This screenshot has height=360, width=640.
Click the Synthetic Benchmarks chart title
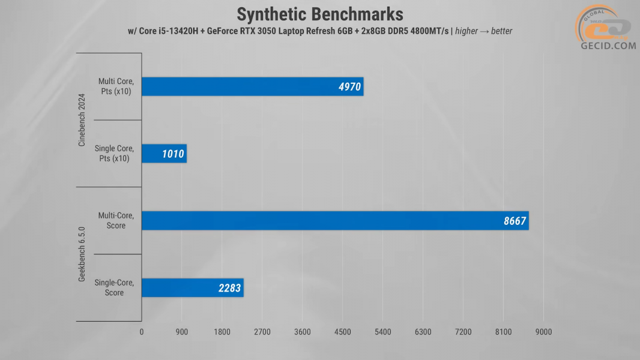coord(320,14)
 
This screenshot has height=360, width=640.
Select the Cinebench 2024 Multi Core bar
coord(252,86)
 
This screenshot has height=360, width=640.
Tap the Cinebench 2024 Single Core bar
coord(164,154)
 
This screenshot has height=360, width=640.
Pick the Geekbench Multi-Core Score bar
coord(335,221)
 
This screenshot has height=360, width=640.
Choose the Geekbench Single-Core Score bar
coord(192,288)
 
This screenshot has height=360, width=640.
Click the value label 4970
coord(349,87)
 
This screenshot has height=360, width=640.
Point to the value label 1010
coord(173,154)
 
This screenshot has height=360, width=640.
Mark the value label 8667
coord(515,221)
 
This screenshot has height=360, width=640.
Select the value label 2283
coord(229,289)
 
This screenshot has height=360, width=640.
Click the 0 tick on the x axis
coord(142,332)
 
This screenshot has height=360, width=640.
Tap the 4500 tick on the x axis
coord(342,332)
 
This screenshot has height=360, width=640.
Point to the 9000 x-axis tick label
coord(543,332)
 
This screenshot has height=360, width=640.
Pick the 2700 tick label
coord(262,332)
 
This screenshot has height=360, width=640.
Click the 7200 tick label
coord(463,332)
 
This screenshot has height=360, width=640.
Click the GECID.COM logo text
coord(608,45)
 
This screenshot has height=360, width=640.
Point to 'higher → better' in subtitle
coord(484,31)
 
